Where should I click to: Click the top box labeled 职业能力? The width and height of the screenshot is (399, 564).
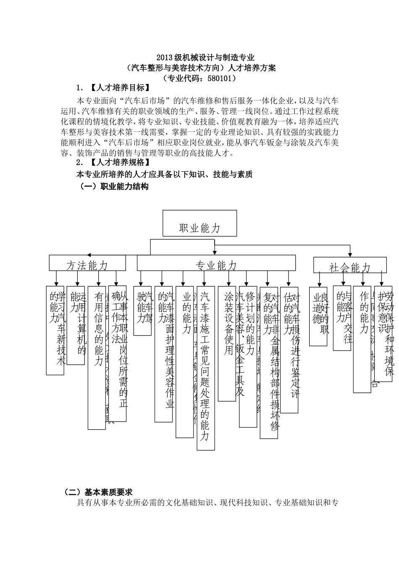(199, 223)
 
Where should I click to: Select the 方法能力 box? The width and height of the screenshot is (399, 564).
(87, 263)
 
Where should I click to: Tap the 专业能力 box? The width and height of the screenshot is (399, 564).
(216, 263)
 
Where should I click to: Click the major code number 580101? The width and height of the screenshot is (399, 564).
(218, 78)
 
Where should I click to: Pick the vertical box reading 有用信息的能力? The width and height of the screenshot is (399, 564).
(97, 357)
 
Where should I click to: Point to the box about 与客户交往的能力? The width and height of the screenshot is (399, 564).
(342, 317)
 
